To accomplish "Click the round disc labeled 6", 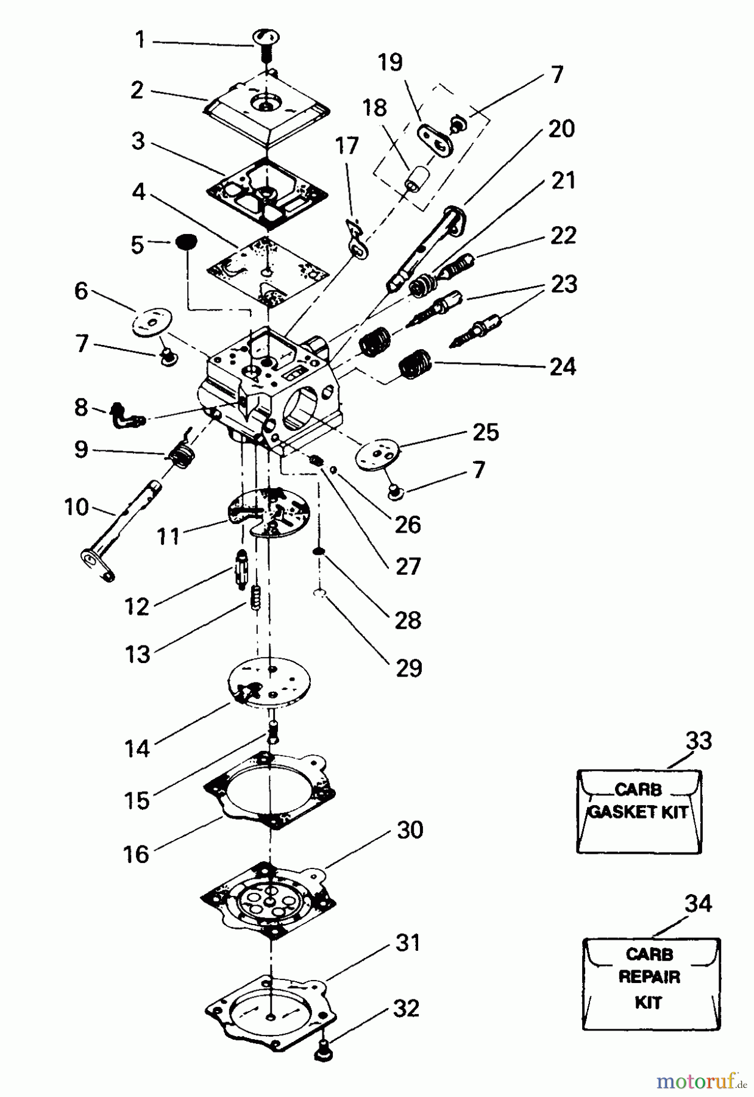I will (152, 322).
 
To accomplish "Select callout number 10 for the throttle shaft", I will (77, 507).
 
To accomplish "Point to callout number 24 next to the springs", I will (562, 366).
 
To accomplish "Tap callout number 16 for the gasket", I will (137, 854).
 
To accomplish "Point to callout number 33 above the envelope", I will (699, 741).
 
